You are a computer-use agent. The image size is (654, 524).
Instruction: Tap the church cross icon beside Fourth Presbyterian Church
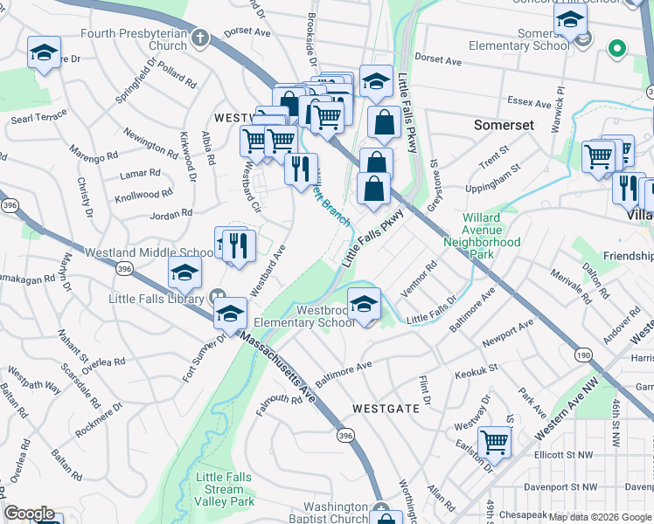(x=200, y=38)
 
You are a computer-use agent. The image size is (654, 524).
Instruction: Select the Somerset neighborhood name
(x=504, y=125)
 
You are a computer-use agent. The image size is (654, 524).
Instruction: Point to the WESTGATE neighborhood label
(x=385, y=408)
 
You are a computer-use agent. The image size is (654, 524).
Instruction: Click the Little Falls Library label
(x=157, y=298)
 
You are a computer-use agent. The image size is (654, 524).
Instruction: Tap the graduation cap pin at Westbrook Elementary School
(x=364, y=304)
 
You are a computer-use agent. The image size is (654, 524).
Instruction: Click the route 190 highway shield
(x=581, y=355)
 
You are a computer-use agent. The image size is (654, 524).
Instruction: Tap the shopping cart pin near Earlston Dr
(x=495, y=442)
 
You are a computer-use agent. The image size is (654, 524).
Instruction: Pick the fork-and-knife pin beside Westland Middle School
(x=238, y=245)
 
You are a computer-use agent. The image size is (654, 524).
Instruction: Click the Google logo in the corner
(x=30, y=514)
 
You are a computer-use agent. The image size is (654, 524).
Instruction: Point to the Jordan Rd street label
(x=170, y=214)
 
